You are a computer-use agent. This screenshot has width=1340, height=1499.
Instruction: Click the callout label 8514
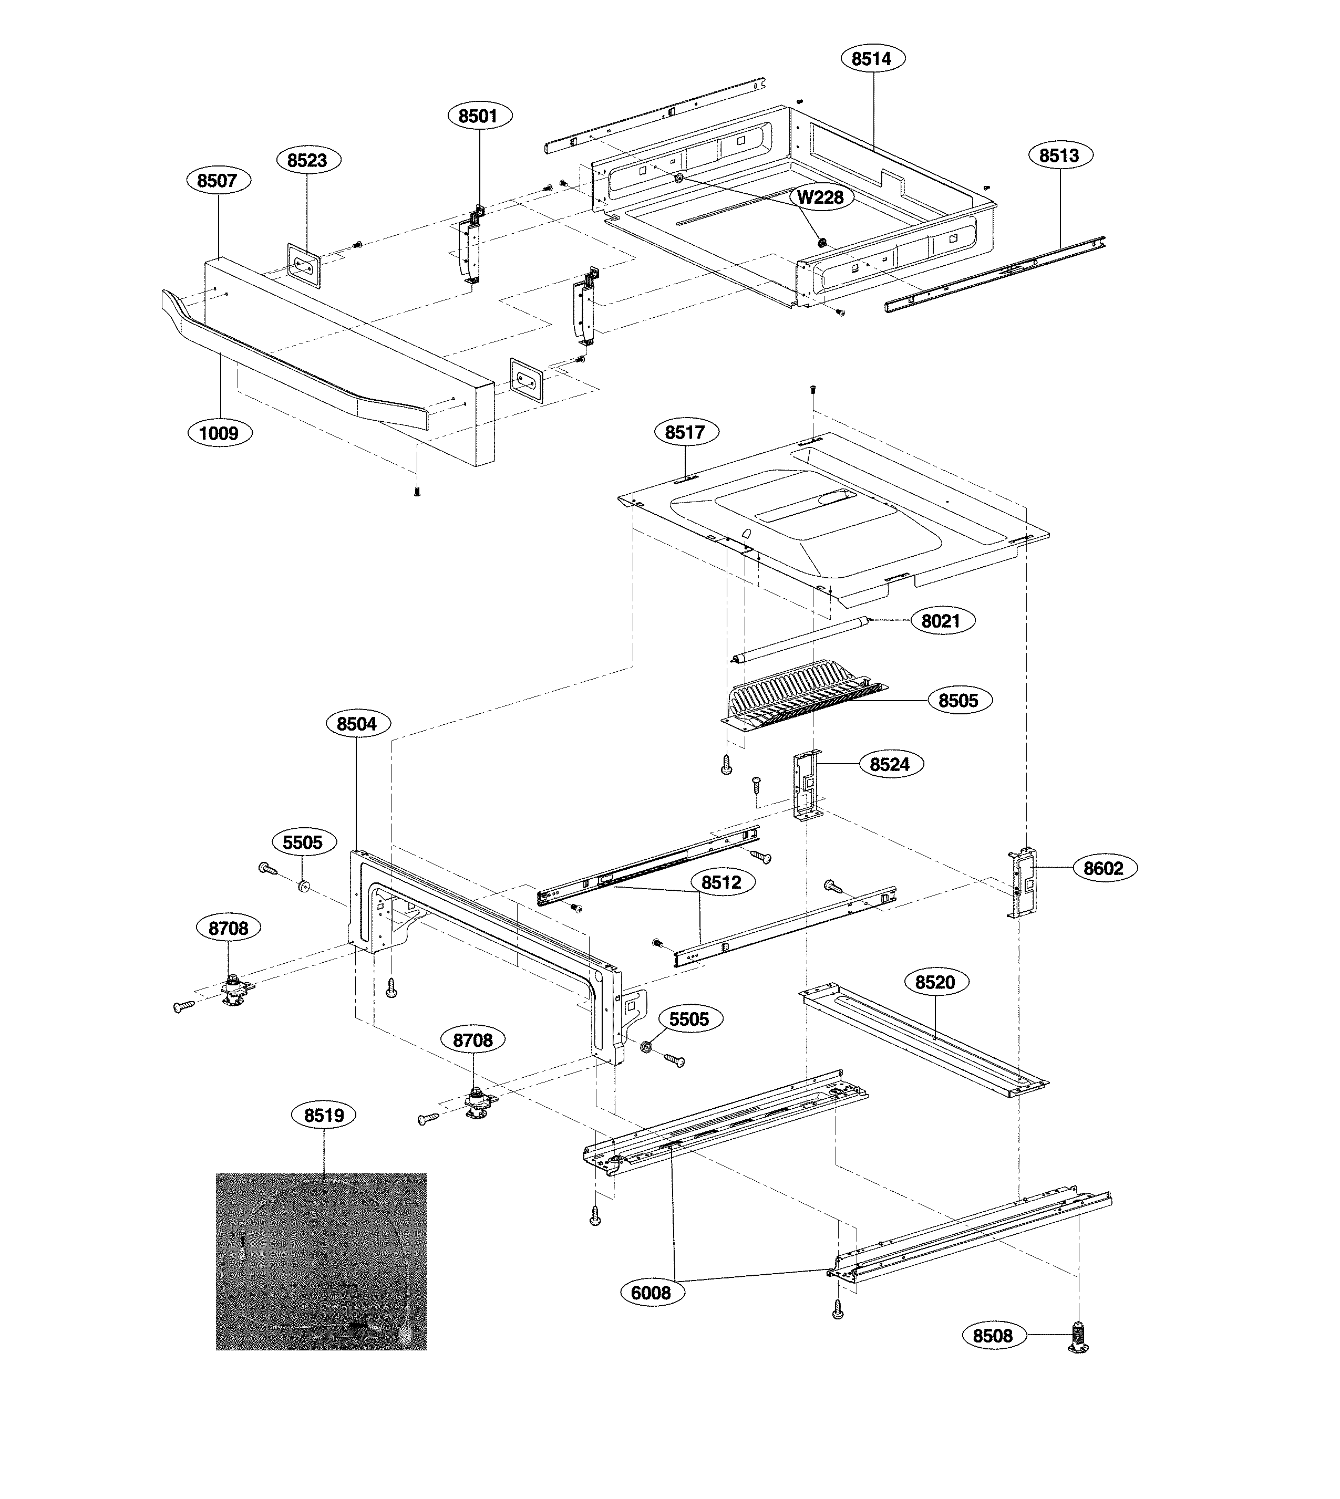[x=872, y=59]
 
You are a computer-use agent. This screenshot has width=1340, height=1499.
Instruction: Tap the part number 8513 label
[x=1059, y=155]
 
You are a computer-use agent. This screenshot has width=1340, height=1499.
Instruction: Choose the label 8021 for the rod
[x=941, y=621]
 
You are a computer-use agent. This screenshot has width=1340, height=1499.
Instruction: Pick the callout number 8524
[x=890, y=765]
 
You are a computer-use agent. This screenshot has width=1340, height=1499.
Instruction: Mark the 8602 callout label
[x=1104, y=868]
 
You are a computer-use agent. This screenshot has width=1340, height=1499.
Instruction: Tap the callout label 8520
[x=935, y=982]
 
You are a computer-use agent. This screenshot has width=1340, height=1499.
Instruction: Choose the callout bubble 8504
[x=357, y=724]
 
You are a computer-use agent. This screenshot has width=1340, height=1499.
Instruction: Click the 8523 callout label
[x=308, y=160]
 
